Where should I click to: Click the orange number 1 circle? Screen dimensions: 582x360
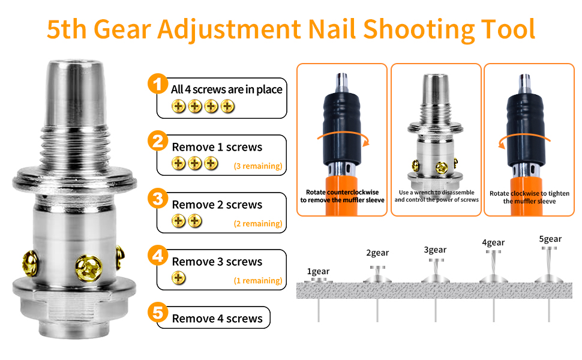pos(158,83)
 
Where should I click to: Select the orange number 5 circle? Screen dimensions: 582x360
pos(158,313)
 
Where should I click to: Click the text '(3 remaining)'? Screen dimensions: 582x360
pos(258,166)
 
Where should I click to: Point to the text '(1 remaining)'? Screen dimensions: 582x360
pos(258,281)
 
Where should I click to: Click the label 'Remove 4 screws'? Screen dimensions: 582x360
pos(217,319)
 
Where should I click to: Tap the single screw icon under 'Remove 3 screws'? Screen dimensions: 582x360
pos(179,278)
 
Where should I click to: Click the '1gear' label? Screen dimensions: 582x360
pos(318,271)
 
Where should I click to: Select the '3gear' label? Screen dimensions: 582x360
pos(435,250)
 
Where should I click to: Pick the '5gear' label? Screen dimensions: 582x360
pos(550,239)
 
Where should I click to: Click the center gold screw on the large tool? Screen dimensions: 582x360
pos(89,268)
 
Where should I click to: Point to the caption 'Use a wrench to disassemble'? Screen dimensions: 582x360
pos(437,192)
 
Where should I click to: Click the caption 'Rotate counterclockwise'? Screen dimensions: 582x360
pos(342,192)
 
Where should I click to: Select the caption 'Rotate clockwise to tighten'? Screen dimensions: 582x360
pos(529,193)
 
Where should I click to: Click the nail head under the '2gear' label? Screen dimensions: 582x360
pos(377,267)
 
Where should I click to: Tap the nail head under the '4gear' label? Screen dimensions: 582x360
pos(493,251)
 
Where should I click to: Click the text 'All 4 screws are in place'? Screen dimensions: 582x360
pos(226,89)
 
